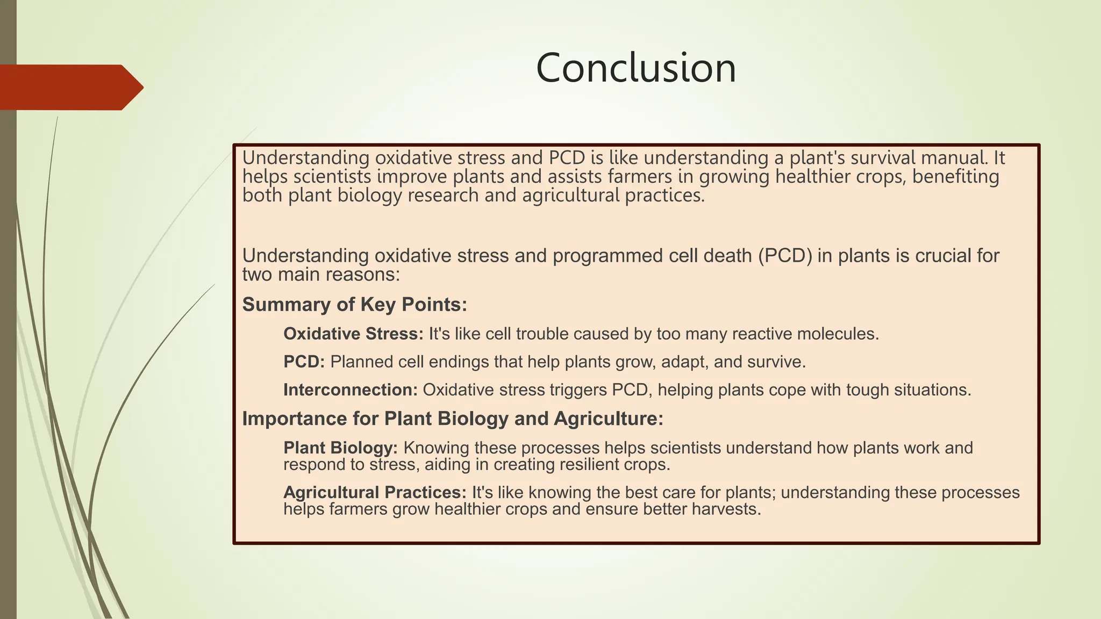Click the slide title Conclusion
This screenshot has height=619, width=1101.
click(636, 68)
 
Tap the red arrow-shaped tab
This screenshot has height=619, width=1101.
click(70, 88)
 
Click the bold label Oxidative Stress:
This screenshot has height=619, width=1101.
click(353, 334)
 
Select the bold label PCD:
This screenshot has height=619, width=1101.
click(304, 362)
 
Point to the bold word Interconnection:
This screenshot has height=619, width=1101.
click(350, 390)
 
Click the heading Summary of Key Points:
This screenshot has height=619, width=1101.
click(354, 305)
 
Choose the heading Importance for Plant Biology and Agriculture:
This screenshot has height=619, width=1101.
click(453, 419)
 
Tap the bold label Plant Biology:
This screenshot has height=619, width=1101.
click(340, 448)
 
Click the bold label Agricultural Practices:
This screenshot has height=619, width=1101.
click(375, 493)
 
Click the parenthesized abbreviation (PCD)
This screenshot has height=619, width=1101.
click(785, 256)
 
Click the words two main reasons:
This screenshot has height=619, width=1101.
click(321, 275)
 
